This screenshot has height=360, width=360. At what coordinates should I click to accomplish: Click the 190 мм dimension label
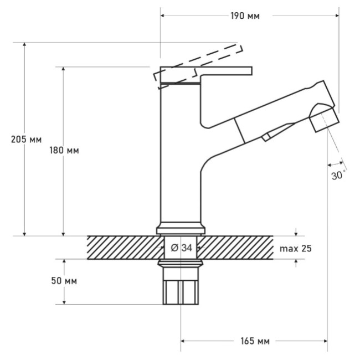[x=245, y=16]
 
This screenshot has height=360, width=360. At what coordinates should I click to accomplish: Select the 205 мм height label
[x=27, y=140]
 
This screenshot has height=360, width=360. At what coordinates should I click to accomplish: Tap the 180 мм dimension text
[x=64, y=151]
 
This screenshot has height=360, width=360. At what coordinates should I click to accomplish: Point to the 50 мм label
[x=64, y=281]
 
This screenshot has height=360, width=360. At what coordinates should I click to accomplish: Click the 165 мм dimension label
[x=255, y=341]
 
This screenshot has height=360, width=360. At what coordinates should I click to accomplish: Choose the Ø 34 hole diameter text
[x=181, y=248]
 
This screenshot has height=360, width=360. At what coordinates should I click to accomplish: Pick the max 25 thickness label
[x=296, y=249]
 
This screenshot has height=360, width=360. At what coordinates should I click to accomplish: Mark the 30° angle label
[x=338, y=176]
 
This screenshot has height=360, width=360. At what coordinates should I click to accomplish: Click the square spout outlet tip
[x=324, y=120]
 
